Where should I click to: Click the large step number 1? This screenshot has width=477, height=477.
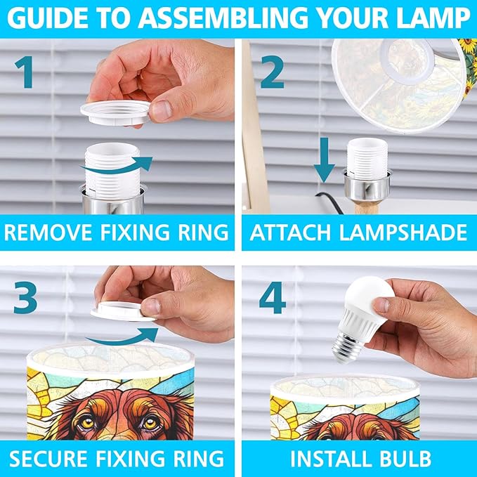point(25,72)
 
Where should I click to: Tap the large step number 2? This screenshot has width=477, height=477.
point(273,72)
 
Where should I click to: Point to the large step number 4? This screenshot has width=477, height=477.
point(273,297)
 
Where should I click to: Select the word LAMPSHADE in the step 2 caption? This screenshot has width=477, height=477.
point(403,233)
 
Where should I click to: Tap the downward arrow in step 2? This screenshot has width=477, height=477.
point(325,160)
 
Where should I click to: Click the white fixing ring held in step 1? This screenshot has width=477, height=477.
point(115,113)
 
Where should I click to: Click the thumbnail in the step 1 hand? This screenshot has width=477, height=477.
point(162,111)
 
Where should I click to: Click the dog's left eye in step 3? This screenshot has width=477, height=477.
point(89,422)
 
